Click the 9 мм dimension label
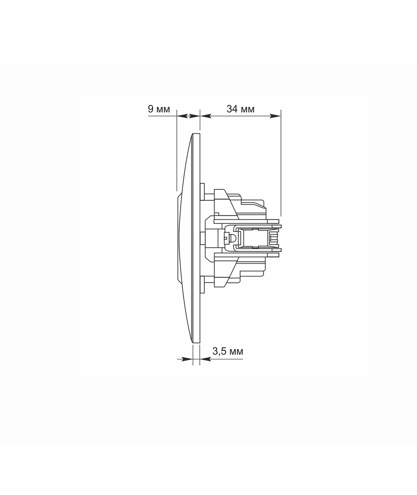click(159, 109)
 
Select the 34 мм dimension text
click(240, 109)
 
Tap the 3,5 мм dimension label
click(228, 351)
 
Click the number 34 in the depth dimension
click(232, 109)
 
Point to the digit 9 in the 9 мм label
click(151, 109)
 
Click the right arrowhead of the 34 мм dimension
click(275, 116)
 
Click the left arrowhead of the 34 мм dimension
click(205, 116)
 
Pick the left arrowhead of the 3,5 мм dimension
click(187, 359)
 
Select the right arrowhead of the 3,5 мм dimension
click(205, 359)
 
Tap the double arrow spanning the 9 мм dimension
click(188, 116)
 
